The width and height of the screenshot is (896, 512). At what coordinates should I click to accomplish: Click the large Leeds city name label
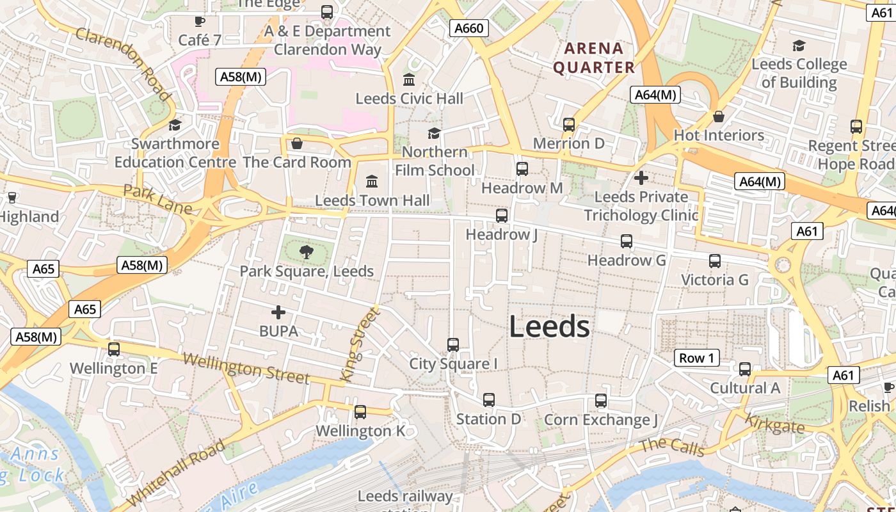pyautogui.click(x=549, y=327)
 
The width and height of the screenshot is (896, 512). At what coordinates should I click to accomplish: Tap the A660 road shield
pyautogui.click(x=468, y=28)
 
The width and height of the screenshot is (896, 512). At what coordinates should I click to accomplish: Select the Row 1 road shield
pyautogui.click(x=696, y=358)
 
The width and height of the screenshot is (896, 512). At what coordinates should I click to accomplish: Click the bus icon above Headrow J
pyautogui.click(x=502, y=216)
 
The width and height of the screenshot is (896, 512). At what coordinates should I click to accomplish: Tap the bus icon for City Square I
pyautogui.click(x=453, y=345)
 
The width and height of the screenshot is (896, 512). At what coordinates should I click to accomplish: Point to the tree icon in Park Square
pyautogui.click(x=307, y=252)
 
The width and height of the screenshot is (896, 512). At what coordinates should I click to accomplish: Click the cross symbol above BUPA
pyautogui.click(x=278, y=312)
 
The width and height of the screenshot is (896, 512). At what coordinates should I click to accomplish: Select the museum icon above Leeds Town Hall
pyautogui.click(x=372, y=181)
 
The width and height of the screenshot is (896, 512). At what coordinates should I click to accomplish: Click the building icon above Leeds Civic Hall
pyautogui.click(x=409, y=80)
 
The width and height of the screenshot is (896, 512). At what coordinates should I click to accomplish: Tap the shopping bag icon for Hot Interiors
pyautogui.click(x=719, y=116)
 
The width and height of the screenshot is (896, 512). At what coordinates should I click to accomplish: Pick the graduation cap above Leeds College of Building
pyautogui.click(x=799, y=45)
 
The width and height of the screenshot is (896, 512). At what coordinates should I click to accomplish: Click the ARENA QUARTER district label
pyautogui.click(x=594, y=58)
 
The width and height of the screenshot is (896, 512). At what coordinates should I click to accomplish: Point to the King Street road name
pyautogui.click(x=360, y=344)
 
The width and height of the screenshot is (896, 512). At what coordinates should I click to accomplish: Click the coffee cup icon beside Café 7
pyautogui.click(x=200, y=21)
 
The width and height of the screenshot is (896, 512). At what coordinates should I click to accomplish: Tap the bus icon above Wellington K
pyautogui.click(x=360, y=412)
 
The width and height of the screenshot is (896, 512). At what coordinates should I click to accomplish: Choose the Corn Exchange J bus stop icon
pyautogui.click(x=601, y=401)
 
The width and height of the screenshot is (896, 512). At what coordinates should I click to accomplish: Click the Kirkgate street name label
pyautogui.click(x=774, y=423)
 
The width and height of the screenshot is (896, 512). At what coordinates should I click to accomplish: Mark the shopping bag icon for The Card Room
pyautogui.click(x=297, y=143)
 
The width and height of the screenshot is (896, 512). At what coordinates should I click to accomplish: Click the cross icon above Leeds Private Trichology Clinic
pyautogui.click(x=641, y=177)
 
